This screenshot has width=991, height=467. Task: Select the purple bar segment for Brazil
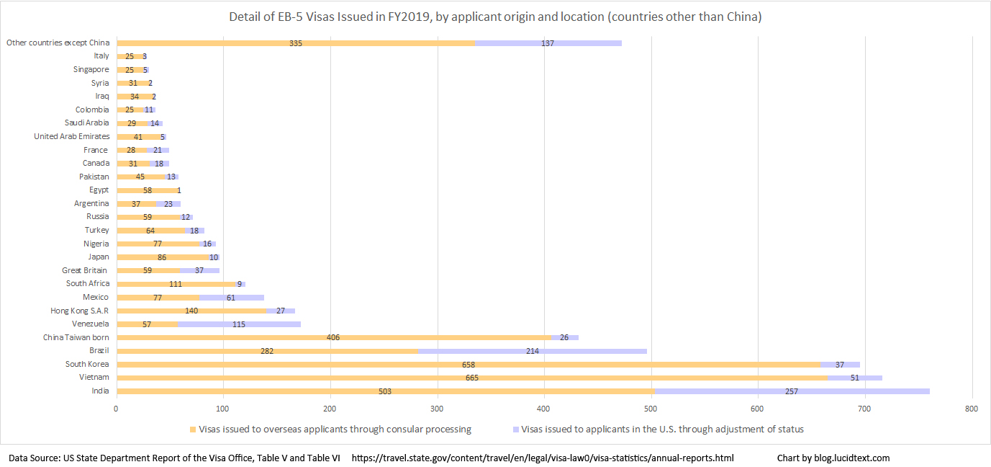tap(533, 351)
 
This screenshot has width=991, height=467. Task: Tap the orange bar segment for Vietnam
tap(295, 378)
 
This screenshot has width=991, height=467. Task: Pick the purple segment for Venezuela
tap(239, 324)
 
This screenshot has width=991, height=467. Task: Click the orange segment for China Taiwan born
tap(204, 337)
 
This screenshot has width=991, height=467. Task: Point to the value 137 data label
tap(548, 43)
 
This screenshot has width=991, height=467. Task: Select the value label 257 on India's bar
tap(791, 391)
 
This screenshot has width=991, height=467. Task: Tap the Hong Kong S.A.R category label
tap(80, 311)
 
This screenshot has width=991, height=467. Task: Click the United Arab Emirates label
tap(72, 136)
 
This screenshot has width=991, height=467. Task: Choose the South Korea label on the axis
tap(87, 364)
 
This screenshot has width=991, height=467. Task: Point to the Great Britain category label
tap(85, 270)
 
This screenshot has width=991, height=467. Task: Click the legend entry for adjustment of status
tap(662, 430)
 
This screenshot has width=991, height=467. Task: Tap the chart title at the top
tap(495, 17)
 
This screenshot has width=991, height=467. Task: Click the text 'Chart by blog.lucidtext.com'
tap(833, 458)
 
